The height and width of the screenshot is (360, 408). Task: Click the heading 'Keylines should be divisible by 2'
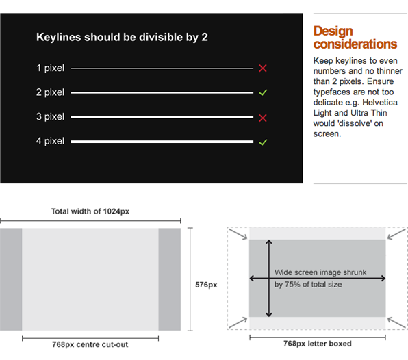(122, 37)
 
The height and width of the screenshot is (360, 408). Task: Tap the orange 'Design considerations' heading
(355, 38)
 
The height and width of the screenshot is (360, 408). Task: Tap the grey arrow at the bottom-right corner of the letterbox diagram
(398, 322)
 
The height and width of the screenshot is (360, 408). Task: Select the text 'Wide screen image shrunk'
(320, 272)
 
